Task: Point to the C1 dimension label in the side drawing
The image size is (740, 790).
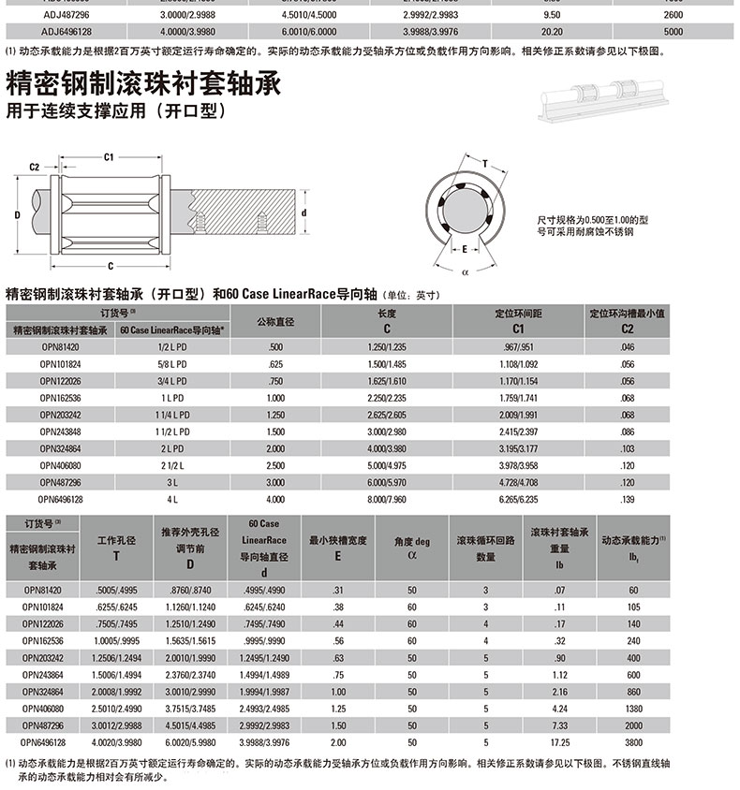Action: (109, 156)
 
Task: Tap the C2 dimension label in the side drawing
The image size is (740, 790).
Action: (34, 167)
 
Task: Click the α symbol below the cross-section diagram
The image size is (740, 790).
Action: (465, 272)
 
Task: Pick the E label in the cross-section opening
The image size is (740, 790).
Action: (465, 249)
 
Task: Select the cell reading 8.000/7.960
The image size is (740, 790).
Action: (387, 500)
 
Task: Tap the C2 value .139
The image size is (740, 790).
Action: (627, 500)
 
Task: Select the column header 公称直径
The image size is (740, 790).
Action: (275, 321)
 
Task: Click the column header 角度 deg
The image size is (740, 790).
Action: (411, 541)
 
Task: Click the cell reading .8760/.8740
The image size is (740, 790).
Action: (190, 590)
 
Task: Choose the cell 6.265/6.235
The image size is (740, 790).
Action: (509, 500)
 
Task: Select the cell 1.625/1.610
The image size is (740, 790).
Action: (387, 381)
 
